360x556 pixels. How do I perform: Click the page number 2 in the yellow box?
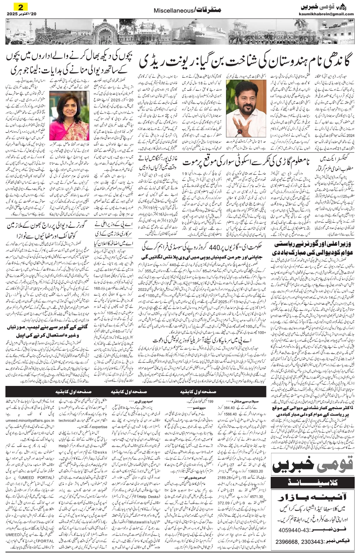pyautogui.click(x=18, y=7)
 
